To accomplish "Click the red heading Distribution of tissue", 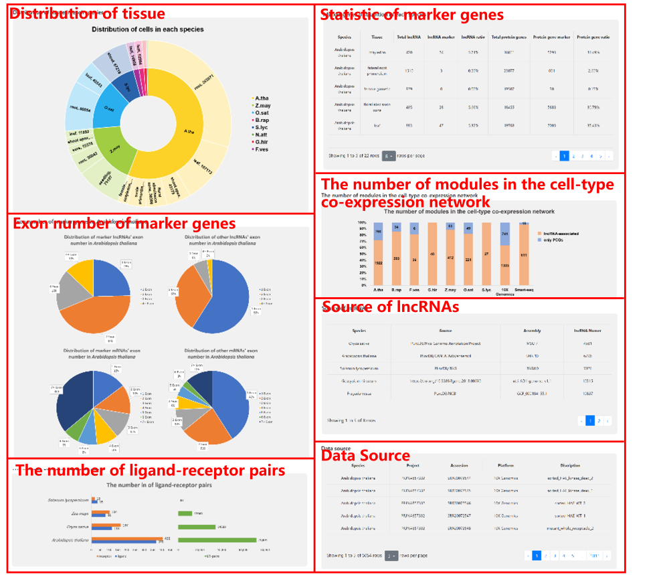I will point(87,14).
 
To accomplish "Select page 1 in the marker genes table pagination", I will point(564,156).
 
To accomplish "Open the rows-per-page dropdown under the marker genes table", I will point(389,156).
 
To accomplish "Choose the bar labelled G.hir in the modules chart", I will point(432,254).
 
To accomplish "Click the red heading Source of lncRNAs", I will point(390,307).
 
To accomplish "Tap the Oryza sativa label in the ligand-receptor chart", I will point(75,527).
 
